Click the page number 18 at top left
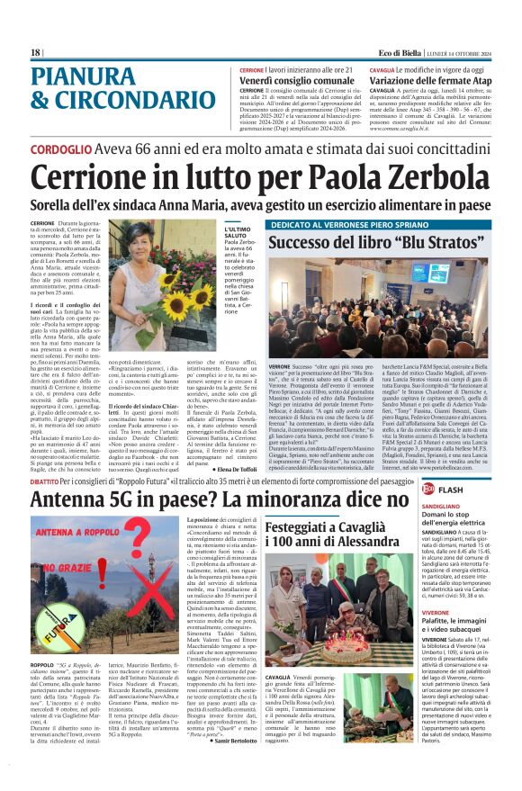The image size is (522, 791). [x=36, y=52]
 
